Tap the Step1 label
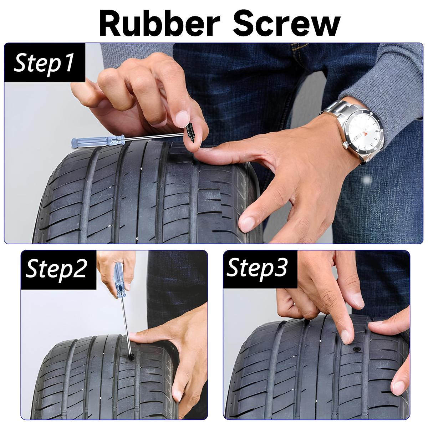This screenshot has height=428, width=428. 45,62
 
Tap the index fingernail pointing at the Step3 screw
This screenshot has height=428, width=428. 345,335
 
